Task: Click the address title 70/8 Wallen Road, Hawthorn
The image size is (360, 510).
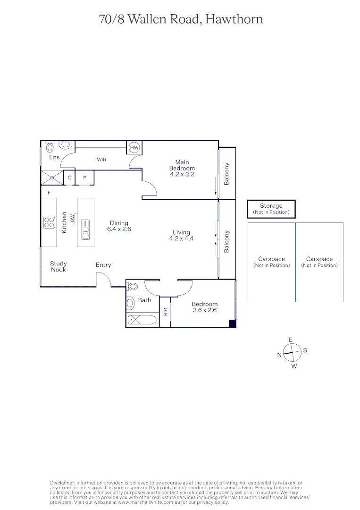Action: click(181, 19)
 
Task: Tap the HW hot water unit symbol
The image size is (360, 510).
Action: click(134, 148)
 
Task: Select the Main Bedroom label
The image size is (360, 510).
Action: click(182, 165)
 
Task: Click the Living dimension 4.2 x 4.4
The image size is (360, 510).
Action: click(181, 238)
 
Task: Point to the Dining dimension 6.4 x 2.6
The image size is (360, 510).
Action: click(119, 229)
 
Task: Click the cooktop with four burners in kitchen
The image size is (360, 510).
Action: click(49, 222)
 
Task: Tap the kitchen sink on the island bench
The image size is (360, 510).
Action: click(85, 229)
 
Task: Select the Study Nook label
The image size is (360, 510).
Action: click(59, 266)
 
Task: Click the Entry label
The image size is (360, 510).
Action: click(103, 265)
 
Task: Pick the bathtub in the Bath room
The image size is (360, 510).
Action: click(142, 320)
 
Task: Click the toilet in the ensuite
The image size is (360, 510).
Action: click(66, 145)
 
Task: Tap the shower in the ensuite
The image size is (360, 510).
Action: click(52, 178)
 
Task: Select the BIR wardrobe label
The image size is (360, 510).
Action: click(165, 312)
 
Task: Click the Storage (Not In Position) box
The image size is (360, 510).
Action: click(271, 209)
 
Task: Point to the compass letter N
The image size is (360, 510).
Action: click(279, 355)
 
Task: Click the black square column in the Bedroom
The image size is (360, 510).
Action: click(232, 323)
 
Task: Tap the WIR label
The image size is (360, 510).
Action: click(101, 160)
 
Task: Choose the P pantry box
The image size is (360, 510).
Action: click(85, 178)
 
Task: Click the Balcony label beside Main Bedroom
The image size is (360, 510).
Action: click(226, 173)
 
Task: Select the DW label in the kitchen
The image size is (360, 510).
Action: click(72, 219)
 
